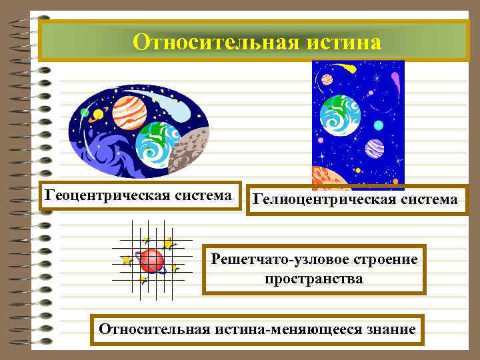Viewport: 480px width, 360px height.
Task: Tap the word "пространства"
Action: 314,278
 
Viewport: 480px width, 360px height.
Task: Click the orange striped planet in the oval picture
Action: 129,111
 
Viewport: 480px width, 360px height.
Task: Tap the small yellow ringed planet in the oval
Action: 98,114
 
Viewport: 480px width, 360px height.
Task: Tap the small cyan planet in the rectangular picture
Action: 379,125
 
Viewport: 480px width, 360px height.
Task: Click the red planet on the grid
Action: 152,259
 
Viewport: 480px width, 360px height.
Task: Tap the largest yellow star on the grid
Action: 169,245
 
